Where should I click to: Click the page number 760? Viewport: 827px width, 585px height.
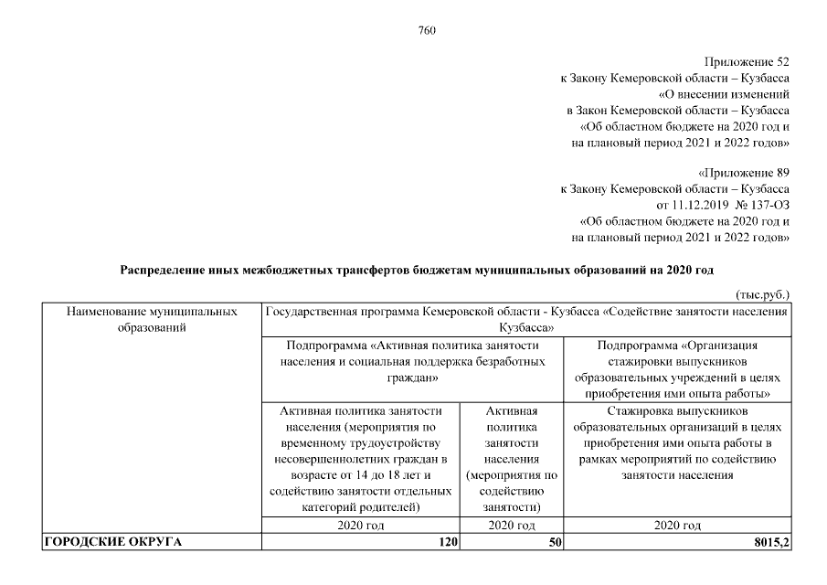click(x=427, y=30)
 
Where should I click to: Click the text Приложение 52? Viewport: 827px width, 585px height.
click(x=747, y=61)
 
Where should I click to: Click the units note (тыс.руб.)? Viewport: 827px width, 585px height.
click(x=762, y=294)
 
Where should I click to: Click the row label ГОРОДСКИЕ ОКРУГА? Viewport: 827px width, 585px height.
click(x=112, y=542)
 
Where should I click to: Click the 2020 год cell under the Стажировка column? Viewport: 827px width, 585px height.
click(x=677, y=526)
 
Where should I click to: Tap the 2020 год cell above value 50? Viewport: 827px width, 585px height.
click(x=512, y=526)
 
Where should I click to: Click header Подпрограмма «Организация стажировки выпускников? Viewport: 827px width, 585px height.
click(x=677, y=369)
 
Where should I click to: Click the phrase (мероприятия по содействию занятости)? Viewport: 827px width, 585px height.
click(x=512, y=491)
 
